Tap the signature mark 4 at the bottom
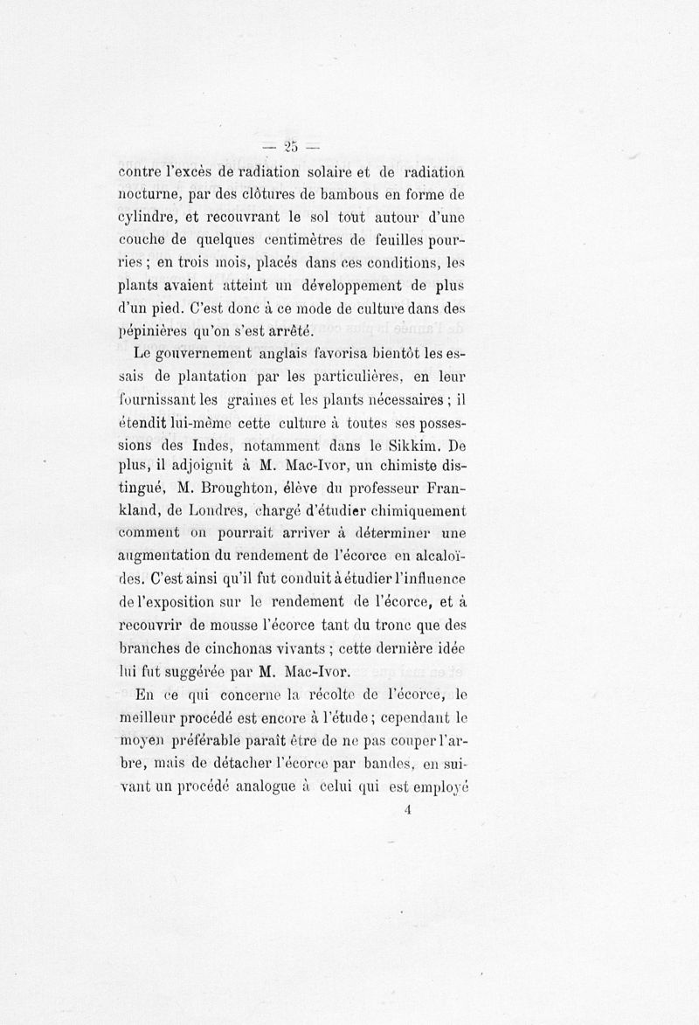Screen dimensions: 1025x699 [x=408, y=809]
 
